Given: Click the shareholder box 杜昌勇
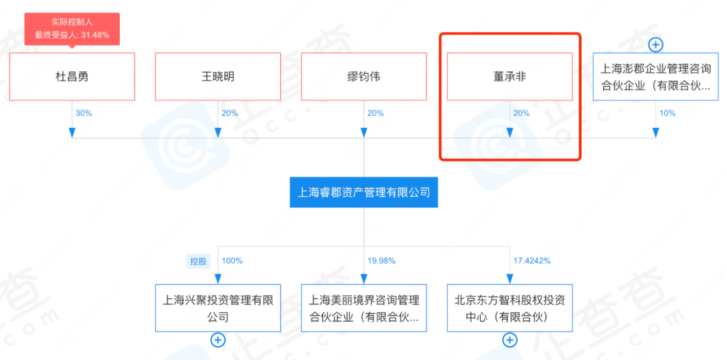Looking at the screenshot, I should pos(72,77).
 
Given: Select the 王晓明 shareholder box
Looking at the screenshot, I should pos(217,77).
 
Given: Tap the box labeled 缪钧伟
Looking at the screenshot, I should pos(363,77).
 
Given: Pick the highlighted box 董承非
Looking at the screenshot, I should pos(510,77).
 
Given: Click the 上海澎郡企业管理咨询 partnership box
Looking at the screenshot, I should pos(655,77).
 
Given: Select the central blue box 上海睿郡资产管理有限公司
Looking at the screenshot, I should pos(363,192).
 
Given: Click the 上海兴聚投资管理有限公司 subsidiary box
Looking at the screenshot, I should pos(217,308).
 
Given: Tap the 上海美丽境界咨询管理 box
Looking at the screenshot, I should pos(363,308).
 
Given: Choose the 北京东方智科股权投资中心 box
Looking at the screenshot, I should pos(510,308).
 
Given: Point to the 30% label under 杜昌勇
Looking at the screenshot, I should pos(83,114).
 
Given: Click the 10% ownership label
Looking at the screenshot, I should pos(667,114).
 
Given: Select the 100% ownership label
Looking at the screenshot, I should pos(232,260).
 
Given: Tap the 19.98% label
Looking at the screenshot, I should pos(382,260).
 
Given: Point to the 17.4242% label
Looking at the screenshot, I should pos(532,260).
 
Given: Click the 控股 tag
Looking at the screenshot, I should pos(199,261).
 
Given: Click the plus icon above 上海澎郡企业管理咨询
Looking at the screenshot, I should pos(655,45).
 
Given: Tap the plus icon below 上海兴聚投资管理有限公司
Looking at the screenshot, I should pos(217,340).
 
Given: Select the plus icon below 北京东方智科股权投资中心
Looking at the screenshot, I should pos(510,340).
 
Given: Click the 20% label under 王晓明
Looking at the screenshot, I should pos(230,114).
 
